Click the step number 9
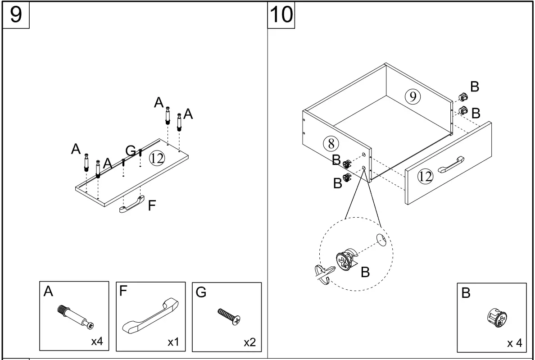click(x=16, y=15)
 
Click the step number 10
click(x=281, y=15)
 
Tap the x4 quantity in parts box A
click(x=97, y=342)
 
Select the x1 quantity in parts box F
click(x=173, y=342)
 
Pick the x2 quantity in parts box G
click(x=249, y=342)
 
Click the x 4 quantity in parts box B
click(x=514, y=343)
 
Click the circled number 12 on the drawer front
click(x=425, y=177)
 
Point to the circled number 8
click(x=331, y=143)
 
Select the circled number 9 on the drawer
click(x=412, y=96)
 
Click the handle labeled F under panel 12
click(x=131, y=206)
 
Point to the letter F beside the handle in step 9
click(x=153, y=205)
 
